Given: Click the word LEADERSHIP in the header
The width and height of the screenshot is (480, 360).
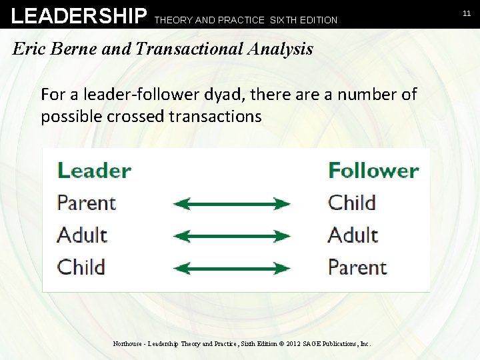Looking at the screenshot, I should click(x=79, y=15).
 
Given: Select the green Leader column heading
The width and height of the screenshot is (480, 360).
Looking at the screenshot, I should click(x=94, y=171).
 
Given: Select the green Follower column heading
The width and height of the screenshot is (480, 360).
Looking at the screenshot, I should click(x=373, y=171).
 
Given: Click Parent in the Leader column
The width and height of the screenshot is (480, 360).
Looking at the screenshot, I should click(x=87, y=203).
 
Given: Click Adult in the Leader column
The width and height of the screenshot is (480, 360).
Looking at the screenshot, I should click(x=82, y=235).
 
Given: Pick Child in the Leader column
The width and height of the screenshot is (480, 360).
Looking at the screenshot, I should click(x=81, y=267).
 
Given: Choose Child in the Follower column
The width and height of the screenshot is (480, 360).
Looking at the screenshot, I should click(x=352, y=203).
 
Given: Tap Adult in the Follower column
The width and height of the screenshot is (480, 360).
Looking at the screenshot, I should click(x=353, y=235).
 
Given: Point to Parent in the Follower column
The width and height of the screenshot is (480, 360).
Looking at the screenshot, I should click(x=357, y=267).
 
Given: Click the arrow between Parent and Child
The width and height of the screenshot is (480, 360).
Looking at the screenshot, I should click(x=231, y=203).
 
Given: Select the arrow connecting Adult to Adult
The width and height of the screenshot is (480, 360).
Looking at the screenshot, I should click(x=231, y=236).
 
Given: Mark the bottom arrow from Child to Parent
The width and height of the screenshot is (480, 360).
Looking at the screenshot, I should click(x=231, y=268).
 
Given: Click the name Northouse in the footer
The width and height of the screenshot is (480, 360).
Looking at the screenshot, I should click(x=127, y=344).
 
